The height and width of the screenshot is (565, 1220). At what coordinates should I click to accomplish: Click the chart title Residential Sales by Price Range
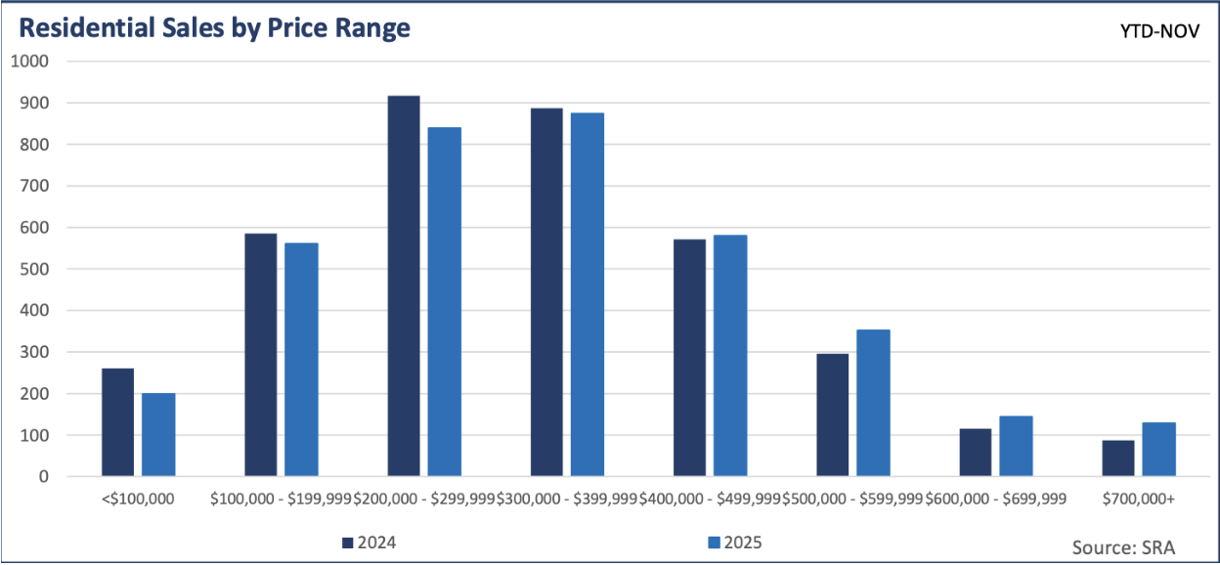point(214,28)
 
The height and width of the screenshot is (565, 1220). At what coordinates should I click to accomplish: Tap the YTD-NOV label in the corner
point(1162,31)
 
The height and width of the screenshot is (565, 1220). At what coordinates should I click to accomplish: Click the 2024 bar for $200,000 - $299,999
point(404,286)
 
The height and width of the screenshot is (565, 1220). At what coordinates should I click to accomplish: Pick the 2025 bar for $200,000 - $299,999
point(445,302)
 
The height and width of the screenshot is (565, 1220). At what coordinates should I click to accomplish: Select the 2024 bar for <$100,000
point(117,422)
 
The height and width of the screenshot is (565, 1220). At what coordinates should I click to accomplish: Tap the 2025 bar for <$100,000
point(158,435)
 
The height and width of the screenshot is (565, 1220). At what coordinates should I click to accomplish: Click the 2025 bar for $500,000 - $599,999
point(873,403)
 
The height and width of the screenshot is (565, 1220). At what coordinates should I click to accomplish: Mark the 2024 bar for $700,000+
point(1117,458)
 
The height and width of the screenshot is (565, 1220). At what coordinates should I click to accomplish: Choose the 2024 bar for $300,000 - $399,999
point(546,292)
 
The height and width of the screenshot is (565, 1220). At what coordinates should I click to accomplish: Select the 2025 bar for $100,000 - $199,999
point(301,360)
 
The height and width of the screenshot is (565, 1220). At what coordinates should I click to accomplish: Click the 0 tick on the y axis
point(44,477)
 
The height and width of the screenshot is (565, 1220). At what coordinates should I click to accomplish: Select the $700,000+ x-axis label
point(1138,500)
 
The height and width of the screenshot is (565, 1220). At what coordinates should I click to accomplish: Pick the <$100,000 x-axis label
point(138,500)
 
